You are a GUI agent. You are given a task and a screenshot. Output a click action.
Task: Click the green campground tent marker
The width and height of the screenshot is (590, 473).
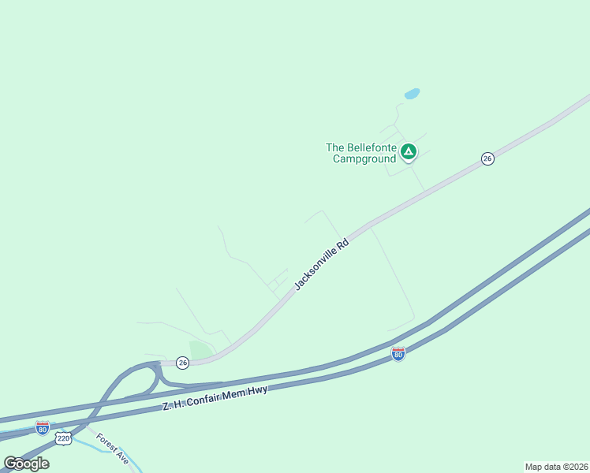pyautogui.click(x=408, y=151)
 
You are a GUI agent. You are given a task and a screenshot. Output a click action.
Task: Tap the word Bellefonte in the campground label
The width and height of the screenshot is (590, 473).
pyautogui.click(x=370, y=147)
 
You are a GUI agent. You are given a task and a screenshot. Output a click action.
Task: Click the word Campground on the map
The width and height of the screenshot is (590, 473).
pyautogui.click(x=364, y=158)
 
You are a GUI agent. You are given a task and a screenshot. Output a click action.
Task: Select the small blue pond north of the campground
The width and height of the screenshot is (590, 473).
pyautogui.click(x=412, y=94)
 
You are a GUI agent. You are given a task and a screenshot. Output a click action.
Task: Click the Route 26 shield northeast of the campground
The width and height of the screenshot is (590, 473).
pyautogui.click(x=487, y=159)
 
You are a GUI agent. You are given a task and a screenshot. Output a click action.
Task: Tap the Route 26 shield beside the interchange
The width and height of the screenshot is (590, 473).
pyautogui.click(x=183, y=363)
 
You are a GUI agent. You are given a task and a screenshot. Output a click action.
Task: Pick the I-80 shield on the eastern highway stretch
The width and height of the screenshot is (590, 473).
pyautogui.click(x=398, y=355)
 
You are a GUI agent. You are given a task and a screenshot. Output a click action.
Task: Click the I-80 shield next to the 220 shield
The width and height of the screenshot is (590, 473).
pyautogui.click(x=43, y=428)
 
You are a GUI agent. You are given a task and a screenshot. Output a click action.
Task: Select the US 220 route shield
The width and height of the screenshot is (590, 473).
pyautogui.click(x=65, y=438)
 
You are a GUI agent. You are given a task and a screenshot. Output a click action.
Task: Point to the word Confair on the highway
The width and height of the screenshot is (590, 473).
pyautogui.click(x=207, y=398)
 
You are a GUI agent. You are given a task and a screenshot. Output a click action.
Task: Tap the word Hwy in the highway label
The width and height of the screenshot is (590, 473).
pyautogui.click(x=260, y=389)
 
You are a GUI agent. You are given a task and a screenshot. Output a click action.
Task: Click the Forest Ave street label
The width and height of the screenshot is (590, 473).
pyautogui.click(x=112, y=448)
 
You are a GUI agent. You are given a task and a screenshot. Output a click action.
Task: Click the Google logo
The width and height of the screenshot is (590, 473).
pyautogui.click(x=26, y=463)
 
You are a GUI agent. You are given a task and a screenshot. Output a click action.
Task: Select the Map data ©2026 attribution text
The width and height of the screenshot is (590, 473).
pyautogui.click(x=556, y=467)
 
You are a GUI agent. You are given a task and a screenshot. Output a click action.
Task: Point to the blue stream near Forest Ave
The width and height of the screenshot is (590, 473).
pyautogui.click(x=103, y=447)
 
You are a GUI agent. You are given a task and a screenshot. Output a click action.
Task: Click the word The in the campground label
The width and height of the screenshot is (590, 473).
pyautogui.click(x=335, y=147)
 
